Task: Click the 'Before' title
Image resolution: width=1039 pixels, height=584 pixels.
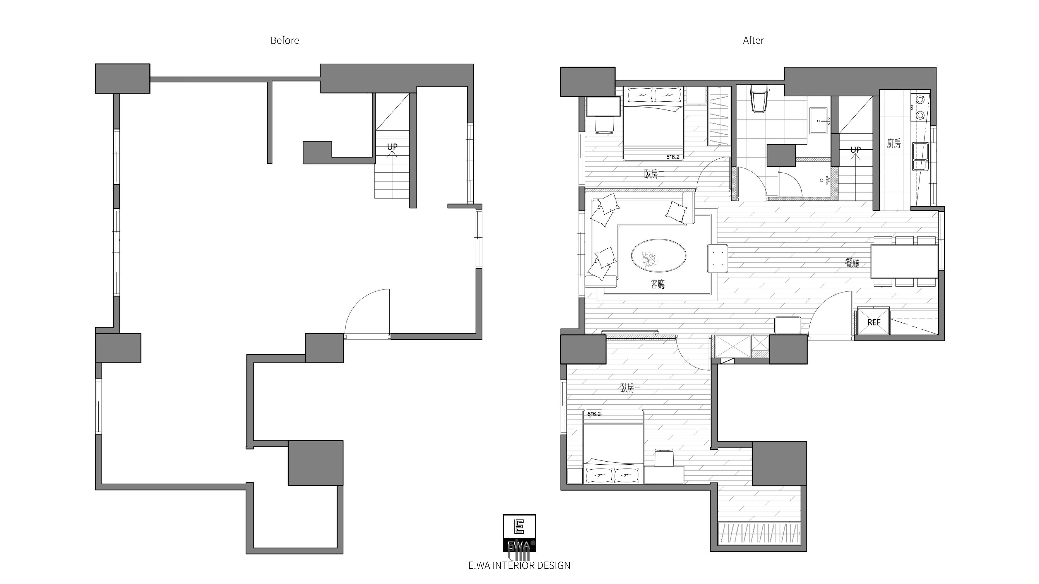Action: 285,40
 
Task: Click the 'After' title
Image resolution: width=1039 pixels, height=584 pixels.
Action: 753,40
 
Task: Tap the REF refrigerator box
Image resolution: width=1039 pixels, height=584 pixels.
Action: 874,321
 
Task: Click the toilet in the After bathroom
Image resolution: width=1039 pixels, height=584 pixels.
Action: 759,99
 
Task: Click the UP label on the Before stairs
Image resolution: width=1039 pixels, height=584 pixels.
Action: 392,147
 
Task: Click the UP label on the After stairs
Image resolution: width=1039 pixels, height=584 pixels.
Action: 856,150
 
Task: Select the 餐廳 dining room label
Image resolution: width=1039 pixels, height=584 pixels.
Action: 852,263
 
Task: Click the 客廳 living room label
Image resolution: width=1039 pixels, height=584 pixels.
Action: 658,284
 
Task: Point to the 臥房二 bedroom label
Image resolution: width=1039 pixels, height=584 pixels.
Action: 654,174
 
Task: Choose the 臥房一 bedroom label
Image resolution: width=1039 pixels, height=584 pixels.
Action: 630,388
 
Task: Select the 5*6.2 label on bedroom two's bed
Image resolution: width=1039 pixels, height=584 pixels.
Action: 673,157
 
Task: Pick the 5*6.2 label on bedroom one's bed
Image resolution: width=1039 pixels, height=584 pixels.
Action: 594,414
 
